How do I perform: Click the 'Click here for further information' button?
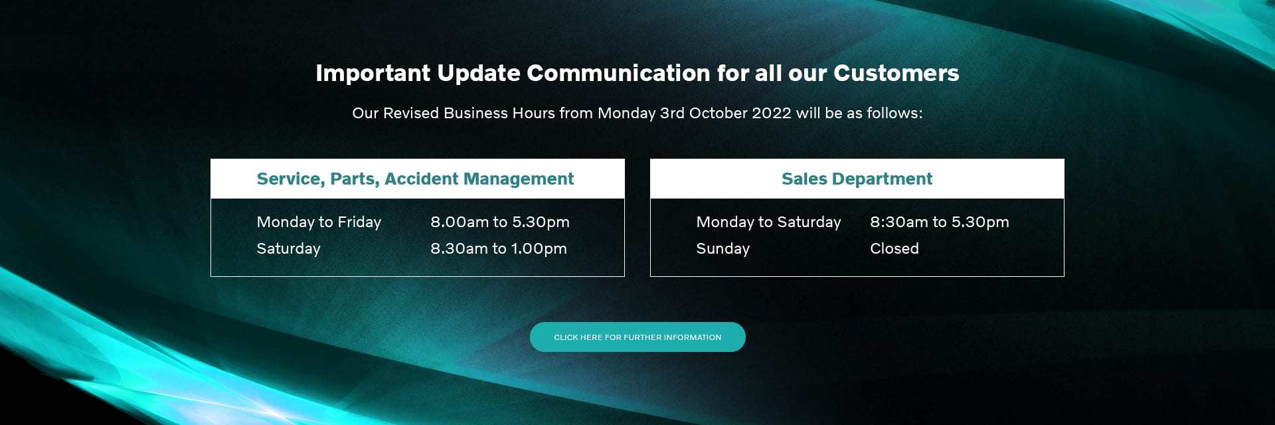[x=637, y=337]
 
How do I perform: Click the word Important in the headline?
[x=373, y=73]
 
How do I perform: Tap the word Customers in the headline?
[x=896, y=73]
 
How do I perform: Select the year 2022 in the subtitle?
[x=771, y=113]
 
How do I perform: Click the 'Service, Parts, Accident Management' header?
[x=415, y=179]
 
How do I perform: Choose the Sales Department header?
[x=857, y=179]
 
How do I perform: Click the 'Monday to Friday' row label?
[x=319, y=222]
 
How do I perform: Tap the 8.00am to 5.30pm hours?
[x=499, y=222]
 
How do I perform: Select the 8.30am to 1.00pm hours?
[x=498, y=248]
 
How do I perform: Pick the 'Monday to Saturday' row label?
[x=768, y=222]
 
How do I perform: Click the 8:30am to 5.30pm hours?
[x=939, y=222]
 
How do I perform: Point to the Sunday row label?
[x=722, y=248]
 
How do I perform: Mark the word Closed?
[x=894, y=248]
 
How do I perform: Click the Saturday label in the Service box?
[x=288, y=248]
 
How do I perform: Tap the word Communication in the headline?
[x=618, y=73]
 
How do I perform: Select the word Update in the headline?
[x=478, y=73]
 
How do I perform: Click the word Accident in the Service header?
[x=421, y=179]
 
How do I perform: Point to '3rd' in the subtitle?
[x=672, y=113]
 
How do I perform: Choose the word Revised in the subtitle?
[x=411, y=113]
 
